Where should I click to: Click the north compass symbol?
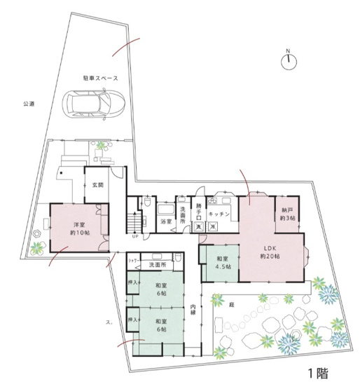coord(288,60)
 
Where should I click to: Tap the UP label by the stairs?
coord(134,236)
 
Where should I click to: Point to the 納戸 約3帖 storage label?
coord(287,214)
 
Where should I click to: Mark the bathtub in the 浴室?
coord(166,211)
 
